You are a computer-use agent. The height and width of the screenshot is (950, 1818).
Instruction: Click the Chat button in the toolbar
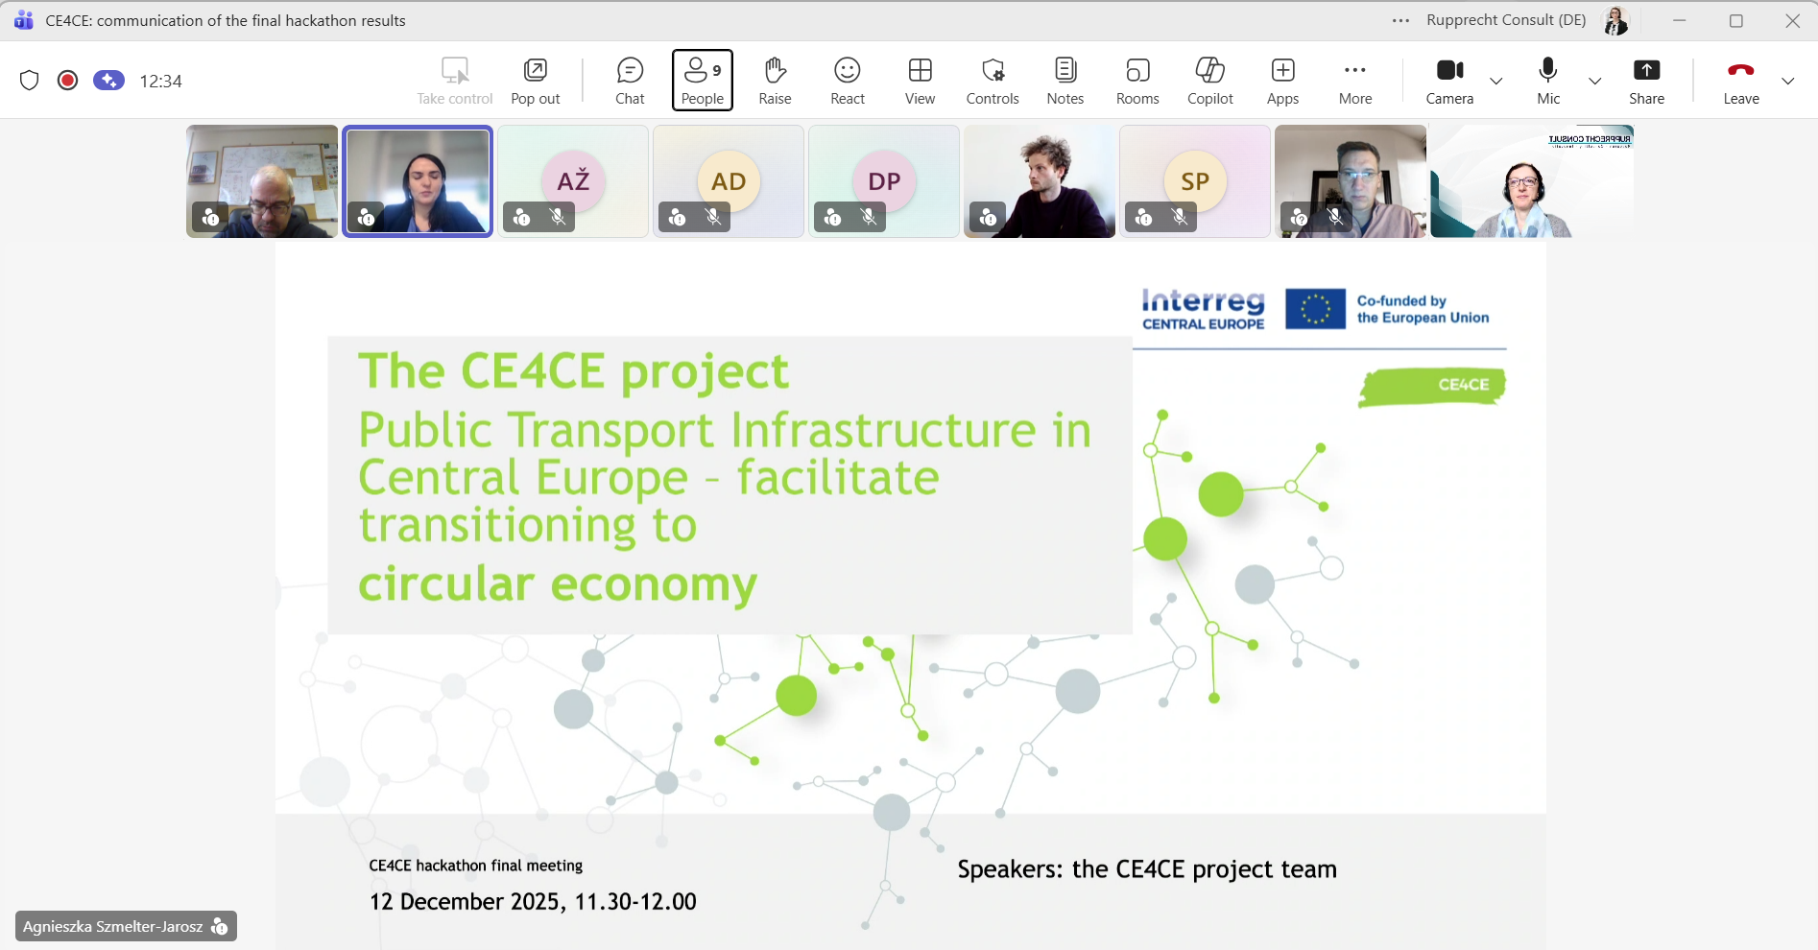point(630,81)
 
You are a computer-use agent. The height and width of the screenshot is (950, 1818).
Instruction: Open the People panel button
point(703,81)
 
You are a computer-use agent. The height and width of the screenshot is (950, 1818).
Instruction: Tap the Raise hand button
point(775,81)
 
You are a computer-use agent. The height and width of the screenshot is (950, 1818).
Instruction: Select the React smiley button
point(848,81)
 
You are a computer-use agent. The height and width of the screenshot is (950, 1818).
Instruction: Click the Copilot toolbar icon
point(1209,81)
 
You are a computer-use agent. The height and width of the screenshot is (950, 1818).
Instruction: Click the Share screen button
point(1646,81)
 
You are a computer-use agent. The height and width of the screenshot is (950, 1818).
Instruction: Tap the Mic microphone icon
point(1547,81)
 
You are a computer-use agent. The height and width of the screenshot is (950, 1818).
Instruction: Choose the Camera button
point(1449,81)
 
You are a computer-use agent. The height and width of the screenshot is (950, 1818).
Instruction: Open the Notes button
point(1064,81)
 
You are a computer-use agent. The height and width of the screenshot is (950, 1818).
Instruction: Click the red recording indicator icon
point(67,81)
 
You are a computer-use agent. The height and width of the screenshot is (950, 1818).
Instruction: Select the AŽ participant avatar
point(573,180)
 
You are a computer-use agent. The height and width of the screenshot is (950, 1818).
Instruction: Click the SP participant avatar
point(1195,180)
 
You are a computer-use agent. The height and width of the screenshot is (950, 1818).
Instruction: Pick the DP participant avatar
point(884,180)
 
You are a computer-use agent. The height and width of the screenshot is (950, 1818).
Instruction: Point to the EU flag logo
point(1315,309)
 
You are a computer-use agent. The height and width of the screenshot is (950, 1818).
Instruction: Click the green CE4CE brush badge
point(1432,386)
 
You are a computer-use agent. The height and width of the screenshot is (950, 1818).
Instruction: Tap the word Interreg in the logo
point(1203,300)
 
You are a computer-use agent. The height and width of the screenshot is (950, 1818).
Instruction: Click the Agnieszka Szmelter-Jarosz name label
point(113,927)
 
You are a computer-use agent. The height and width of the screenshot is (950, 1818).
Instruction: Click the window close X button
point(1792,21)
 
